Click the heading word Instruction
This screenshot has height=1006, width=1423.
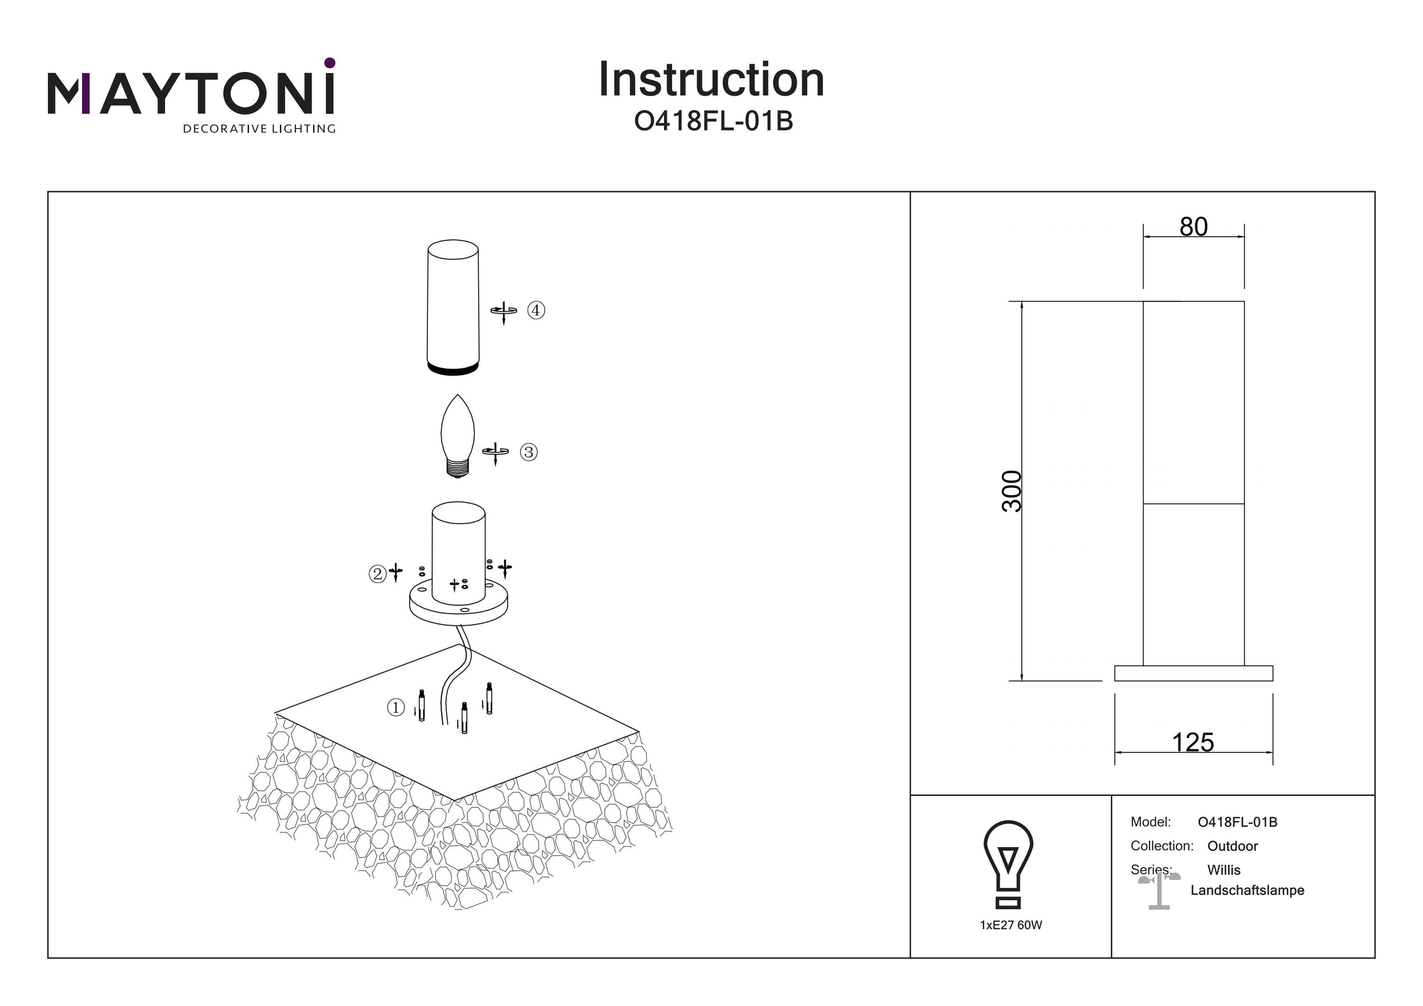[711, 80]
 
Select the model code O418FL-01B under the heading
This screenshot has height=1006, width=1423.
[713, 121]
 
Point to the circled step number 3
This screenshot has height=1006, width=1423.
[528, 452]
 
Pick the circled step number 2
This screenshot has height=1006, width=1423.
[377, 573]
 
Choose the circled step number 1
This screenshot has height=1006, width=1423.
[396, 707]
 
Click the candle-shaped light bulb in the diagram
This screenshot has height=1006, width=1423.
[457, 434]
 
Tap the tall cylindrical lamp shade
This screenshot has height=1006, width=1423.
[453, 307]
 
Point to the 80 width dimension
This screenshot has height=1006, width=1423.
[1193, 227]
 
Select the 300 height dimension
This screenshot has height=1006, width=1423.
[1011, 491]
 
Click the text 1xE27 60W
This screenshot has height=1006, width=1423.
[1011, 925]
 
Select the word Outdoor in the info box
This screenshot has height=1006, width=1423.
[1232, 846]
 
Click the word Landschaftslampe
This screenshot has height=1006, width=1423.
[1247, 890]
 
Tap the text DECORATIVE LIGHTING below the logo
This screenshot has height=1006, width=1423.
[259, 129]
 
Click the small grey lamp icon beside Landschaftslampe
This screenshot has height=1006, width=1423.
[1158, 891]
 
